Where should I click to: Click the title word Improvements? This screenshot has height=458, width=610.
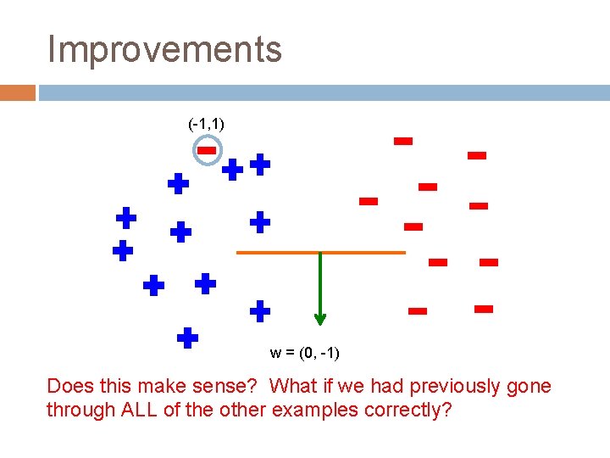164,49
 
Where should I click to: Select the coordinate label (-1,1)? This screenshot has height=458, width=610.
206,124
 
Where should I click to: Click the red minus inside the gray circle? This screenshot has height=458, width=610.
208,151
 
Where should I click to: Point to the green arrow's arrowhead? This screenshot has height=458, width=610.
319,318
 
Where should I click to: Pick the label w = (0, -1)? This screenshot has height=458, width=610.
304,352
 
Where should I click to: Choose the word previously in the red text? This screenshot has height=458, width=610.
458,387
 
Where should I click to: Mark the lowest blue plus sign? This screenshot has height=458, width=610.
187,338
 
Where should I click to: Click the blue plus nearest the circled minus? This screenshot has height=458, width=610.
233,170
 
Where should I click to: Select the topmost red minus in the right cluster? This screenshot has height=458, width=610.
403,141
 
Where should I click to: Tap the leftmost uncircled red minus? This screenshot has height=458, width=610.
368,201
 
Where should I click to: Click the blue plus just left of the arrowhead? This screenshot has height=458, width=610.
260,310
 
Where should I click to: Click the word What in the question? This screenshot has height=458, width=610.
292,387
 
